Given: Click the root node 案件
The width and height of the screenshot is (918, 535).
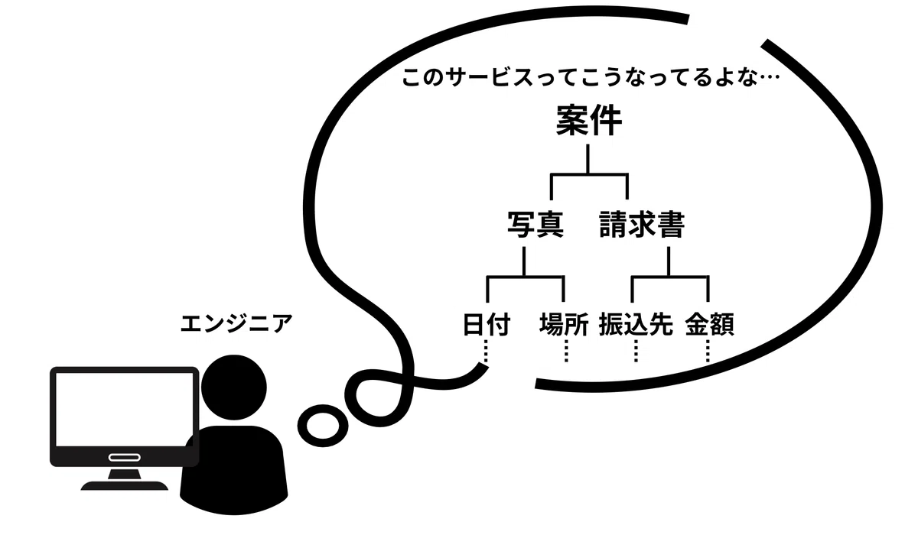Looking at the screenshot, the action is pos(589,120).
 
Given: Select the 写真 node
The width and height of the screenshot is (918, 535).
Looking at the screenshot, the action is pos(535,224).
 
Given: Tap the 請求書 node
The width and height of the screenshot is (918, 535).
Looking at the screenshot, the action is pos(642,224).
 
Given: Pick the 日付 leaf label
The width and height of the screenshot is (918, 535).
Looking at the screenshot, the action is pos(487,324).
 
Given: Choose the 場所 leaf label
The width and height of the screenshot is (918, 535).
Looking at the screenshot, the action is pos(564,324).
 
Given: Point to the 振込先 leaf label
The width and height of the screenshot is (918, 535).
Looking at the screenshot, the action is pos(636,324).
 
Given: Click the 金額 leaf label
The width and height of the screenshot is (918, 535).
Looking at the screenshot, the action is pos(710,324).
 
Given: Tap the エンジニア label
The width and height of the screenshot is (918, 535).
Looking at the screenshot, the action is pos(236,323).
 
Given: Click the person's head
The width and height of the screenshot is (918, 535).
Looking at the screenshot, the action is pos(234,387).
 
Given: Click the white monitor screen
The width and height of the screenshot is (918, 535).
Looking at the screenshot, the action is pos(124,410).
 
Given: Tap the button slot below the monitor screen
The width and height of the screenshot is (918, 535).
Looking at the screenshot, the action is pos(125,457).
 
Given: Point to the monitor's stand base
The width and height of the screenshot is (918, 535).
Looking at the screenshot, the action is pos(125,485).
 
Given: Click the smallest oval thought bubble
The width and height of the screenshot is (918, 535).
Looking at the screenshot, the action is pos(323,425).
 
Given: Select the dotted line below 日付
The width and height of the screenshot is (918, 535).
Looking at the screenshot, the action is pos(486,351).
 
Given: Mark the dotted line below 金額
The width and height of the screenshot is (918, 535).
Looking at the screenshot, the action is pos(708,351).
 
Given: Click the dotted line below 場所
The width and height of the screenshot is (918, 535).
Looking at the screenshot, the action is pos(566,351).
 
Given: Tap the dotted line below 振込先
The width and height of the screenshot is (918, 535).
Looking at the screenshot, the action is pos(636,351).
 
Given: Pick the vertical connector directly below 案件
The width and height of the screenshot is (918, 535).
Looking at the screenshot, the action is pos(588,159).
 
